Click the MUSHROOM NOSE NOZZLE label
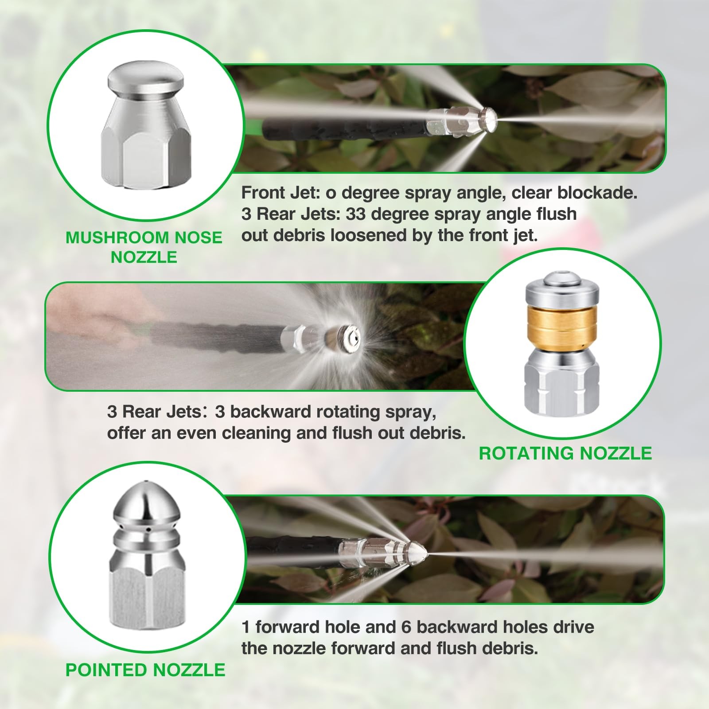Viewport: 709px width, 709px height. [144, 247]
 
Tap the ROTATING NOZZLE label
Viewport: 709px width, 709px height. [565, 453]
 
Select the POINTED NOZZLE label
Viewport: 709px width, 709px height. [145, 670]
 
